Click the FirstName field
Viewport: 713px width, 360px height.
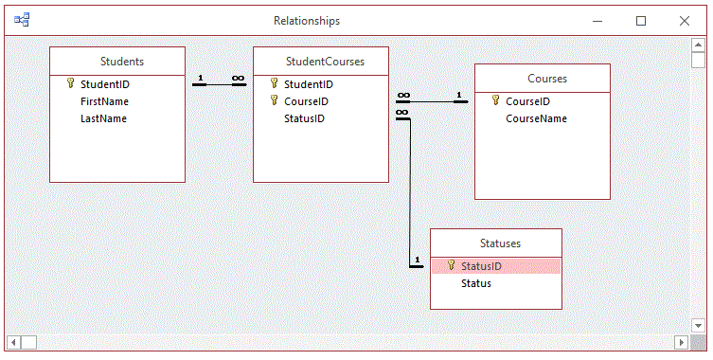(x=104, y=101)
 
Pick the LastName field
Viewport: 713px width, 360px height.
(x=103, y=118)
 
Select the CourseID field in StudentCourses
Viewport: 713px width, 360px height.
(x=306, y=101)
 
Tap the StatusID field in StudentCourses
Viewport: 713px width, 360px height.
(x=304, y=118)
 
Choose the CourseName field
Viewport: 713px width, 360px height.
(x=536, y=118)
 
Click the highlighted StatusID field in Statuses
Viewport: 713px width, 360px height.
(x=481, y=266)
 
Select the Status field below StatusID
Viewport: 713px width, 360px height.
(x=475, y=283)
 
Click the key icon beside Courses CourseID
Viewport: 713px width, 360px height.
(x=495, y=100)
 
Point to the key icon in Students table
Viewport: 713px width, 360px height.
(x=70, y=83)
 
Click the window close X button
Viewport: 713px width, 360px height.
(x=684, y=20)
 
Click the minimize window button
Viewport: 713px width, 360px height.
(x=597, y=20)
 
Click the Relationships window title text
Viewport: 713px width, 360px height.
(x=306, y=20)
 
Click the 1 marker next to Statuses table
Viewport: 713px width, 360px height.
(x=415, y=260)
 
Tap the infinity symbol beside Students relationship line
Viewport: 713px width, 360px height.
(x=239, y=79)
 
